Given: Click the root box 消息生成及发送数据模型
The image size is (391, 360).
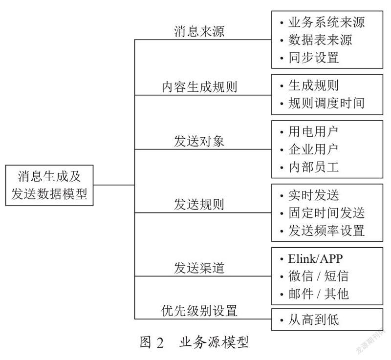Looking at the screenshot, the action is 49,185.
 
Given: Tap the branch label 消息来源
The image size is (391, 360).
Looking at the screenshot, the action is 199,31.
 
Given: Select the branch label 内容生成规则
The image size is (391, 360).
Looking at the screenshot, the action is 199,86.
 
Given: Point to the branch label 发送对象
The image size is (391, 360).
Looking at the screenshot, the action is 199,141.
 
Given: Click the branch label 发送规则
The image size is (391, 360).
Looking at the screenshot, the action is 199,205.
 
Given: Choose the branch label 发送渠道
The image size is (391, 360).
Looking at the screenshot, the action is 199,268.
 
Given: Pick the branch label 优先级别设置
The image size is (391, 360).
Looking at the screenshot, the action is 199,311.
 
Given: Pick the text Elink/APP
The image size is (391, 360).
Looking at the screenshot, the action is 315,258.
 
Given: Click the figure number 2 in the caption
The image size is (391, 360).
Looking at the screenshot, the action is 160,342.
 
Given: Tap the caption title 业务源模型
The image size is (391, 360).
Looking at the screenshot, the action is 214,342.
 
